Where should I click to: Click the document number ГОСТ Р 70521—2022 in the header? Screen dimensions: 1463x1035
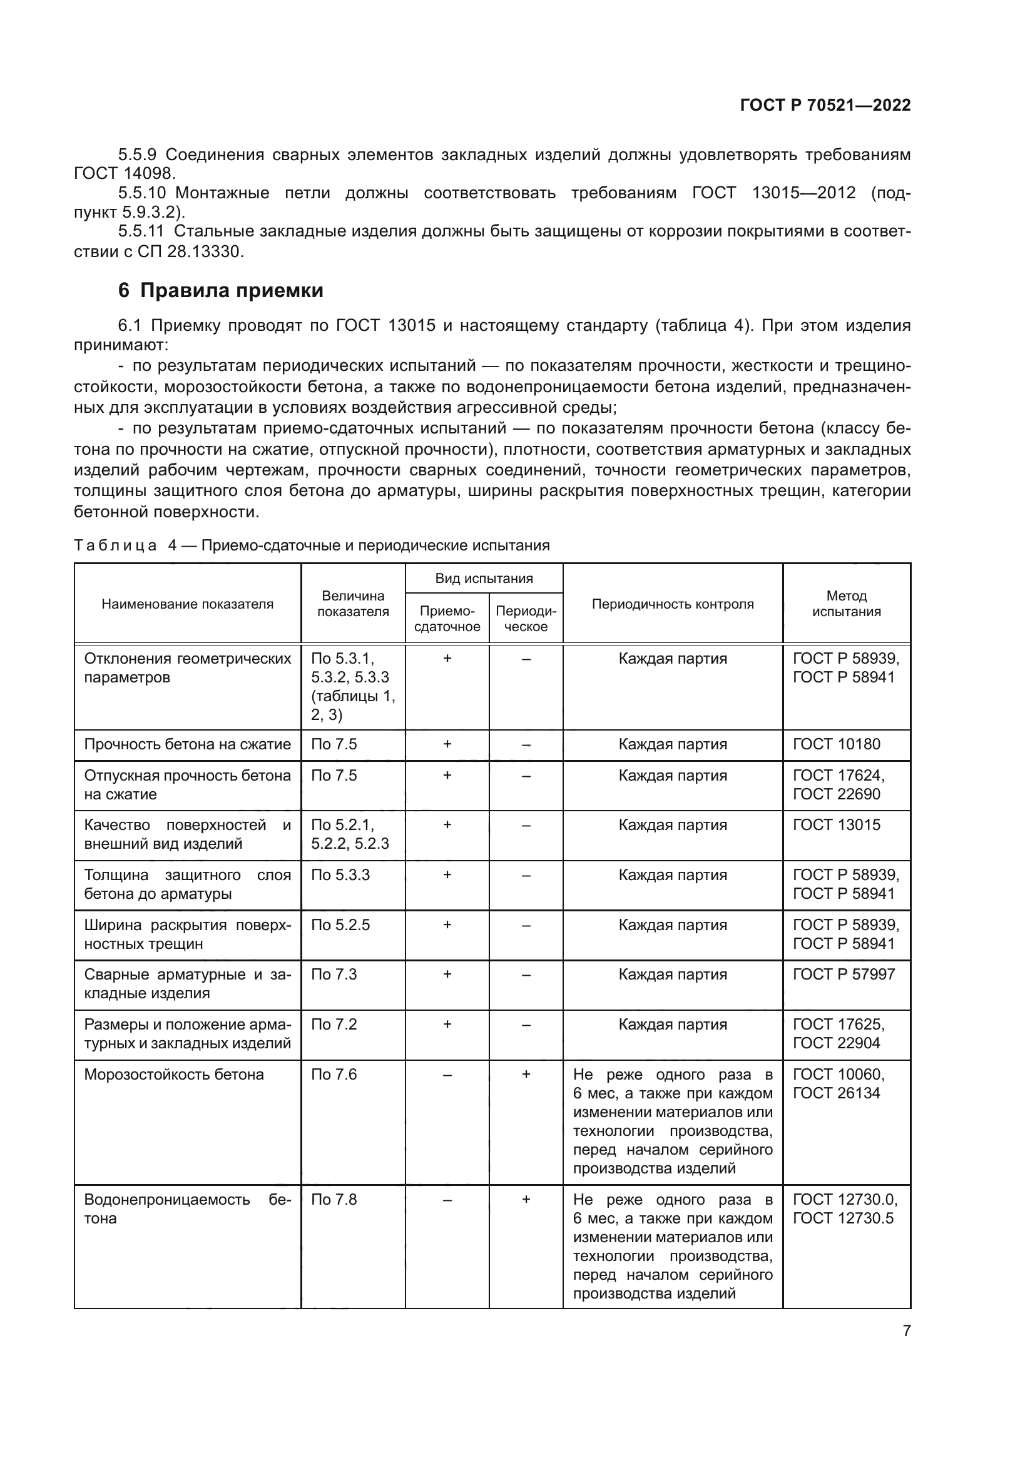tap(825, 106)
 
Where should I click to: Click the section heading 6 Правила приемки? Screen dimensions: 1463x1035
tap(220, 291)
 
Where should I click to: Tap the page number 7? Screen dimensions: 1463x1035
tap(906, 1330)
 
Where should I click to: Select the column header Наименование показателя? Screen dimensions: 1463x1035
tap(187, 604)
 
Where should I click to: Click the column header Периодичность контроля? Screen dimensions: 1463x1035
tap(672, 604)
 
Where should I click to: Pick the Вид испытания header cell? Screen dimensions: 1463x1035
tap(484, 579)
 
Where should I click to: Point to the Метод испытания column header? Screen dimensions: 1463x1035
tap(847, 604)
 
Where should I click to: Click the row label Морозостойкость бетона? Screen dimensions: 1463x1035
tap(174, 1075)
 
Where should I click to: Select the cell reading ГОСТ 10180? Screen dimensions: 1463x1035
tap(836, 744)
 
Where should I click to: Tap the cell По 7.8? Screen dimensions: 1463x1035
tap(334, 1199)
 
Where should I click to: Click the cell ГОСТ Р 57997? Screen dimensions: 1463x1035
tap(844, 974)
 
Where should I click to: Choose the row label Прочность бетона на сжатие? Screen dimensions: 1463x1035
tap(187, 744)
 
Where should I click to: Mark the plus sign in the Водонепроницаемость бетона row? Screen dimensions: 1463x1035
tap(526, 1199)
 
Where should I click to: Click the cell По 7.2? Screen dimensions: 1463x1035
tap(334, 1024)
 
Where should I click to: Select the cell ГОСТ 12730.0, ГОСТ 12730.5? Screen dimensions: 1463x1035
tap(844, 1209)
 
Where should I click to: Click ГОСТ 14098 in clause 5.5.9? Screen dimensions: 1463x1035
tap(124, 173)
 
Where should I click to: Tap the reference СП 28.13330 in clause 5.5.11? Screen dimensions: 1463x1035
tap(191, 251)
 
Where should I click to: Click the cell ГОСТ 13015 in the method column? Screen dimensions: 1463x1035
tap(836, 824)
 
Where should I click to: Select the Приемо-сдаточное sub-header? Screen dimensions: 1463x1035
tap(447, 619)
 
